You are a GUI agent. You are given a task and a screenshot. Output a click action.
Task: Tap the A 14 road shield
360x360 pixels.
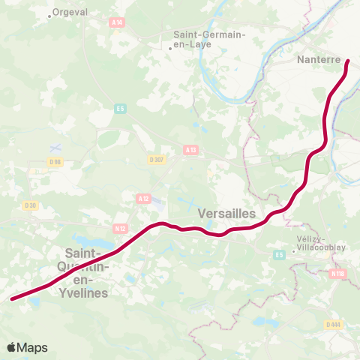(x=116, y=23)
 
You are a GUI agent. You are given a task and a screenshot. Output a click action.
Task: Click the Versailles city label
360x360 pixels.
(x=226, y=214)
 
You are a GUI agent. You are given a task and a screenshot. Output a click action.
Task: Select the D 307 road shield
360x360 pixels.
(x=156, y=159)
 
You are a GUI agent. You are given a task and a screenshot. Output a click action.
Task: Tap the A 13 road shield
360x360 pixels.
(x=190, y=150)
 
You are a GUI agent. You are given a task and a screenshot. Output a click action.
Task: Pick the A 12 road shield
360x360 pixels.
(x=143, y=198)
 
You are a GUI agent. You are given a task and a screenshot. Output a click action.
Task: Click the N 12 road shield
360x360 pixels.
(x=119, y=227)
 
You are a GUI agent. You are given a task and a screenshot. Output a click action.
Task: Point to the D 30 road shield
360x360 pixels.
(x=30, y=205)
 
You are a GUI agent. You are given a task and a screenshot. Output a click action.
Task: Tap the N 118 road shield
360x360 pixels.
(x=339, y=274)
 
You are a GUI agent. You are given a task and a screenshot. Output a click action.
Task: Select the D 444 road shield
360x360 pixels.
(x=334, y=324)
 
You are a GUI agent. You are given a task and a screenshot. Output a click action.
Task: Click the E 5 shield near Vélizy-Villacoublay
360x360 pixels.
(x=279, y=255)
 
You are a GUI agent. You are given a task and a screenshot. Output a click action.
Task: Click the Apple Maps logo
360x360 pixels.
(x=27, y=347)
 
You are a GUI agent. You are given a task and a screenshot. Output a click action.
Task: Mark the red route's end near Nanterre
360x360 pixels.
(x=348, y=61)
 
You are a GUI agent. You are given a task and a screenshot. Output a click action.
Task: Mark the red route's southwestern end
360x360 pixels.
(x=13, y=298)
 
